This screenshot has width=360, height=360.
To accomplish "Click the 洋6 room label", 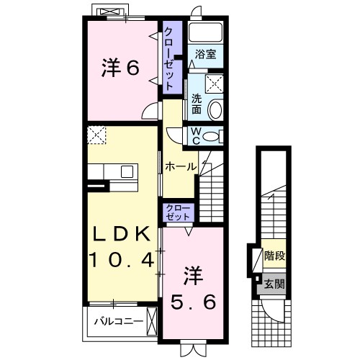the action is pos(120,68).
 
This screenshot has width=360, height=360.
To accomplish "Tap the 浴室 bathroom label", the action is pos(205,54).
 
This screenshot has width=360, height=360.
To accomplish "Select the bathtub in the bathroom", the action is pos(205,32).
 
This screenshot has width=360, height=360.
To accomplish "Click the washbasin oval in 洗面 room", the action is pos(215,110).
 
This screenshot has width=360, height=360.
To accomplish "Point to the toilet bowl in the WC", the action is pos(210,137).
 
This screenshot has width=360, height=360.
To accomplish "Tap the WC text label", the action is pos(196,136).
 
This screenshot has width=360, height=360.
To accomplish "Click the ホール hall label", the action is pos(180,166).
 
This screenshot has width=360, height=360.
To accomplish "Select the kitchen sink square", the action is pos(127,172).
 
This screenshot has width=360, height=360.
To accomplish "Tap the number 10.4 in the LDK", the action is pos(122,260).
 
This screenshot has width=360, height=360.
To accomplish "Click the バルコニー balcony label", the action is pos(118,321).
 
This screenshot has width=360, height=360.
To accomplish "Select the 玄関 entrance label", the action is pos(274,284).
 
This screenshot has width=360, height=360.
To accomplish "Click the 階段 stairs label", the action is pos(274,256).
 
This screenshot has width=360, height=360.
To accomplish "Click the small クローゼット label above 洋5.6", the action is pos(178,212).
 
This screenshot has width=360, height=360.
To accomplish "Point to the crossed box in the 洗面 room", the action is pos(214,84).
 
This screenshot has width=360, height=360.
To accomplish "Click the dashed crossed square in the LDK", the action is pos(96,135).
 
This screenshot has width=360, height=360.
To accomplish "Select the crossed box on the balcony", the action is pos(151,322).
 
